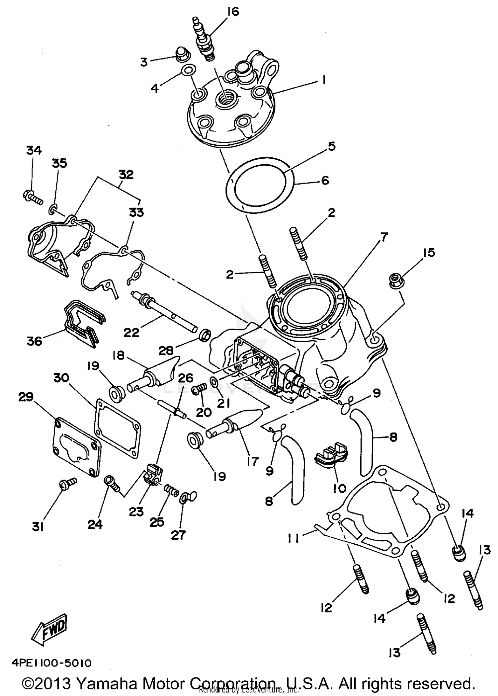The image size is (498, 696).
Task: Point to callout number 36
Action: coord(35,341)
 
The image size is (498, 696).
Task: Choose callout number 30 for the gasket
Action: coord(61,378)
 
